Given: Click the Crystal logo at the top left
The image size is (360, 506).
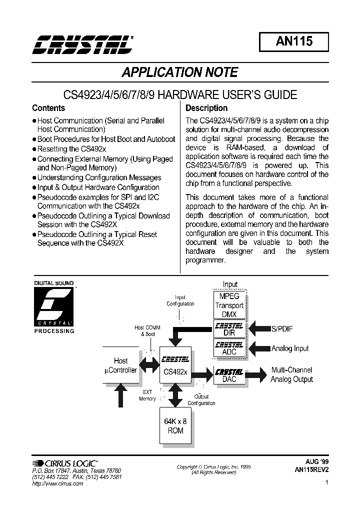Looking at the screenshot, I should point(83,44).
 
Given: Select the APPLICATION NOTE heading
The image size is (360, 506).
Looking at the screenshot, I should point(180,72).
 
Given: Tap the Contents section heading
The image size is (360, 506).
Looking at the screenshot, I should point(48,108).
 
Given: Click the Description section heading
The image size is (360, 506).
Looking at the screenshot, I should point(206,108).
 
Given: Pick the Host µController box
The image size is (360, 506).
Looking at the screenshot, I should point(121,365).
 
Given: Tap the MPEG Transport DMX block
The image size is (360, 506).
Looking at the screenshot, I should point(229,305).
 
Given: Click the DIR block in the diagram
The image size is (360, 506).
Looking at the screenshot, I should point(229,329).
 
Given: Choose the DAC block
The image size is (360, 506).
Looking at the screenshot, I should point(229,375).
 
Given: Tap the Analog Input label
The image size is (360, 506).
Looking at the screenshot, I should point(290,348).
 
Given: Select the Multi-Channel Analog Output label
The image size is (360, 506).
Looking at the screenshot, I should point(291,374).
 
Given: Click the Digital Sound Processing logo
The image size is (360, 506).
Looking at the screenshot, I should point(53,307).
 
